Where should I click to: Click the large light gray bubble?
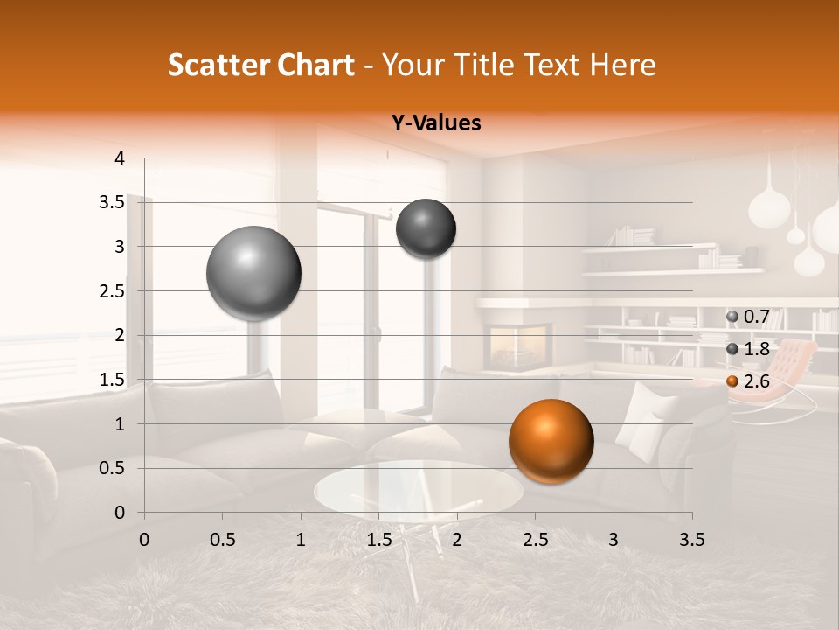coord(253,273)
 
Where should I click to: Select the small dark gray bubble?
coord(426,228)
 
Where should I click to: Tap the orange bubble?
coord(551,441)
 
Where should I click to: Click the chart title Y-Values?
coord(435,123)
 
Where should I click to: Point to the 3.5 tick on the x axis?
coord(691,539)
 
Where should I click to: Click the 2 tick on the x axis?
coord(456,539)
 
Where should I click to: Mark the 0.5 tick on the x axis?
coord(222,539)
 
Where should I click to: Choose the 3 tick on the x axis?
coord(613,539)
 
